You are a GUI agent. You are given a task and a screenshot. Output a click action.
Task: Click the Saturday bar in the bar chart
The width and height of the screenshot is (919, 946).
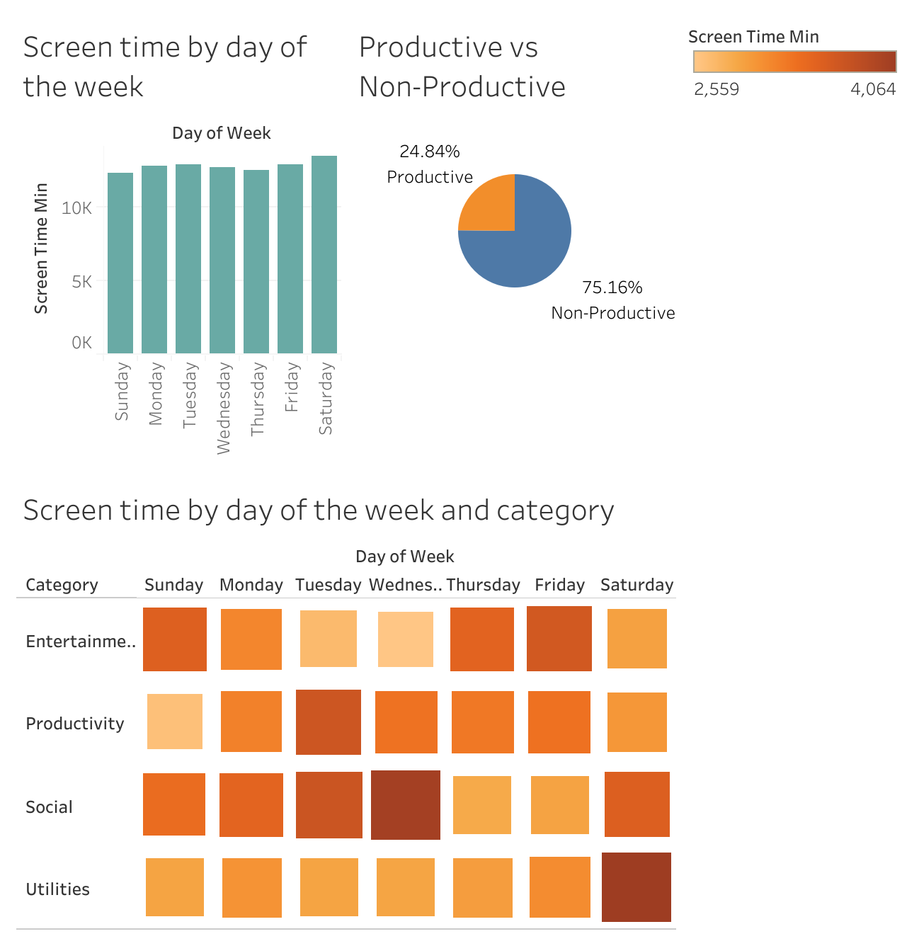click(x=324, y=255)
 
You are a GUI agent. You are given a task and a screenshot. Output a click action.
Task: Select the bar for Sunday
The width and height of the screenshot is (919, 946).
click(x=120, y=263)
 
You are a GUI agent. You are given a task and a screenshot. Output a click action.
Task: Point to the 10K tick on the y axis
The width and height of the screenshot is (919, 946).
click(x=76, y=208)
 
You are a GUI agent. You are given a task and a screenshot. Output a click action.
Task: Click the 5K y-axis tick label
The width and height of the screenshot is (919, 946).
click(x=81, y=282)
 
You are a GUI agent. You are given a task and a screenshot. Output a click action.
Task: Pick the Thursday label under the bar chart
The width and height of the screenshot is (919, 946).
click(x=257, y=399)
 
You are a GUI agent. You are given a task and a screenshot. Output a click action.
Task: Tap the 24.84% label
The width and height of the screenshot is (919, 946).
click(x=430, y=152)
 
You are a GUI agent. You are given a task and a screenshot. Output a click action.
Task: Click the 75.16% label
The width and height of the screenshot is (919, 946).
click(x=612, y=287)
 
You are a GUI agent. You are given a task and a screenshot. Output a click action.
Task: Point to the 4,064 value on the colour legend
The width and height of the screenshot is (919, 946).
click(x=873, y=89)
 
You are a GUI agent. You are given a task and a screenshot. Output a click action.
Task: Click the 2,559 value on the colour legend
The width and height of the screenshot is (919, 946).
click(x=717, y=89)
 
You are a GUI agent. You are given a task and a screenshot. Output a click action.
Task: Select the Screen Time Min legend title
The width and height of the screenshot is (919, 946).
click(x=753, y=37)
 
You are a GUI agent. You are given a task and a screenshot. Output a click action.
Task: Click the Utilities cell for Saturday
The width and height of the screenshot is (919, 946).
click(x=637, y=887)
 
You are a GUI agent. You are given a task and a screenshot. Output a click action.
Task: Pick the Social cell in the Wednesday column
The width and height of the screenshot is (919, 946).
click(x=406, y=805)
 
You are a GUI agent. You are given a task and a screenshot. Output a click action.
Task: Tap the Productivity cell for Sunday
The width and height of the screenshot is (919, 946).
click(x=175, y=722)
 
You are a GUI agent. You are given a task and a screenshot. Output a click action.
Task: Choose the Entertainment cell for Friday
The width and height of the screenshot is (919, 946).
click(x=559, y=639)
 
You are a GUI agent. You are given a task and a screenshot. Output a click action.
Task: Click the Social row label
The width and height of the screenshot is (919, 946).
click(x=49, y=807)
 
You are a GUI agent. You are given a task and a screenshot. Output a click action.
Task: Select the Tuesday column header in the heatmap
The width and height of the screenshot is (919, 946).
click(x=329, y=585)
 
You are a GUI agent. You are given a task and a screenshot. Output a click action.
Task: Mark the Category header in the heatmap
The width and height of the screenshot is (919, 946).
click(x=62, y=585)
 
